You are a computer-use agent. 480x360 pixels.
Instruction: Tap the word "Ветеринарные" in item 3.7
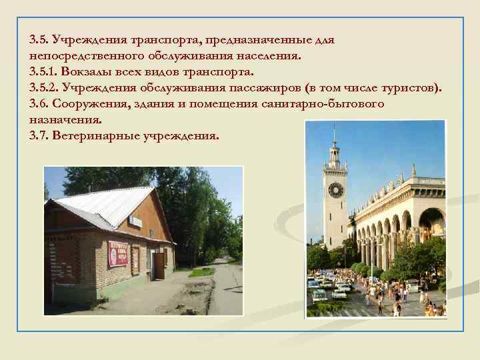coord(97,136)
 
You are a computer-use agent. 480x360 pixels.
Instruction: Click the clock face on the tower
coord(335,189)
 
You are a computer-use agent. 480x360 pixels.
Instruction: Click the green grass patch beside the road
coord(200,272)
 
